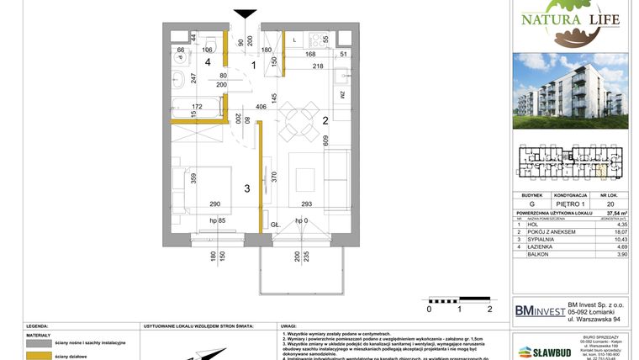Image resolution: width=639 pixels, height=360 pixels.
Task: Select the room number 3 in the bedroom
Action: tap(247, 188)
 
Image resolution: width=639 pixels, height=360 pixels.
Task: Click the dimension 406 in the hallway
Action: tap(261, 108)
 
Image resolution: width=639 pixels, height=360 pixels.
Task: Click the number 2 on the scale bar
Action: tap(488, 308)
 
